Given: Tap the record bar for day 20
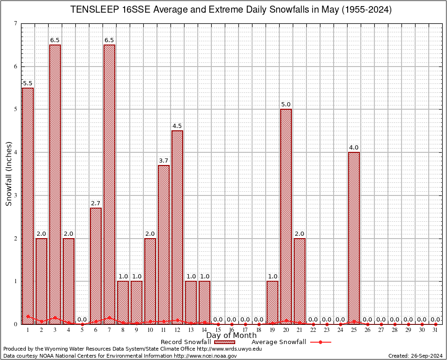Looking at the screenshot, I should [286, 216].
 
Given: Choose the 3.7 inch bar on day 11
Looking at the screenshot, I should [164, 244].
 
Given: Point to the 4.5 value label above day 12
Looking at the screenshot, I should [177, 126].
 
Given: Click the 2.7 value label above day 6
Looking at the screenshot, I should [96, 203].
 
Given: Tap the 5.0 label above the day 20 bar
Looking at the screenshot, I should [286, 105].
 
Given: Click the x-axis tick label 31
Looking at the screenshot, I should [436, 330].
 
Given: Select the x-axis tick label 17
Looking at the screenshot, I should [245, 330].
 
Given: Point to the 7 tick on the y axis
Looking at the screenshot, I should [16, 23].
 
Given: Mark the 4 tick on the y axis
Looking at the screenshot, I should [16, 152].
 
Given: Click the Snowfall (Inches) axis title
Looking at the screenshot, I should [8, 173].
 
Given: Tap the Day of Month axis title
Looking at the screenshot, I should [231, 336].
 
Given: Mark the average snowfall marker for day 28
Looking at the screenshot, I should [395, 324].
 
